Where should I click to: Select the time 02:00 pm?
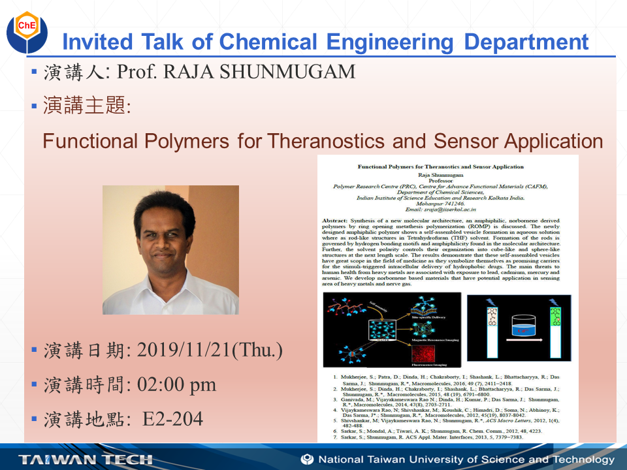[176, 385]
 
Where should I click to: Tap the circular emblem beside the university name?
[307, 460]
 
